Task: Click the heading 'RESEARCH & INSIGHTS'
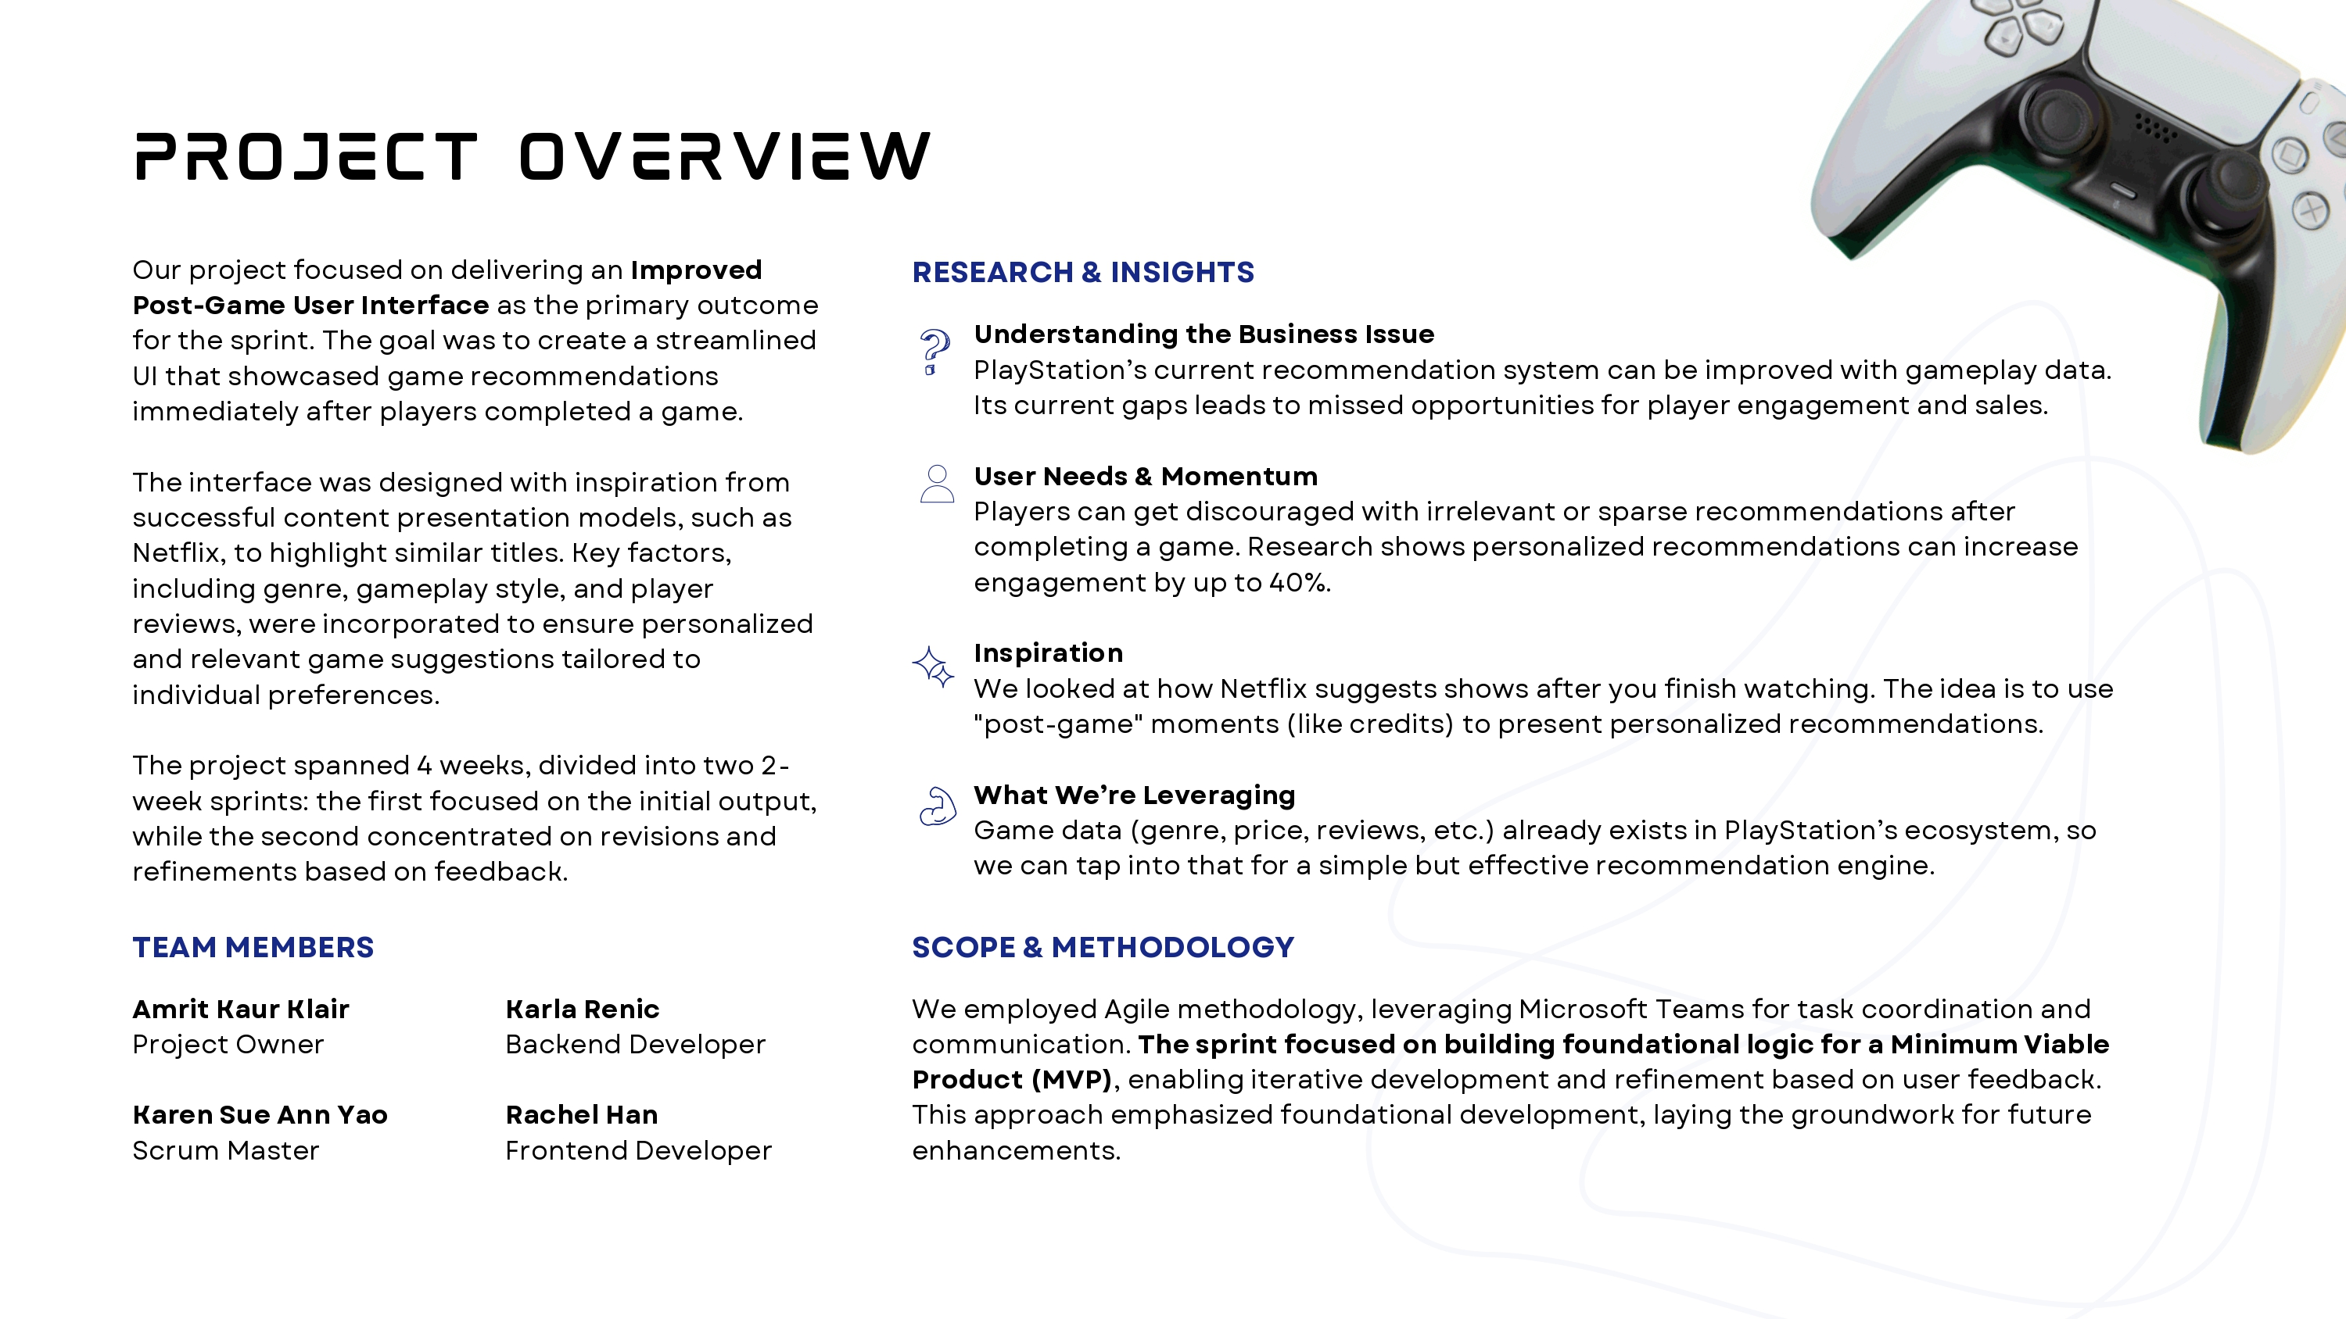1083,272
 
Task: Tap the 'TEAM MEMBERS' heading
253,948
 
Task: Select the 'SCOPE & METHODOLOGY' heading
1103,948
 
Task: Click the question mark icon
934,352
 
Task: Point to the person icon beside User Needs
936,484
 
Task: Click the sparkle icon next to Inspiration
934,667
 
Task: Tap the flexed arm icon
937,806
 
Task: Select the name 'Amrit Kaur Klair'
240,1010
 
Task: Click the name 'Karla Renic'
582,1010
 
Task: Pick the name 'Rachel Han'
581,1115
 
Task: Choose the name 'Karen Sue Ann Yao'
260,1115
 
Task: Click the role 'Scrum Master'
226,1150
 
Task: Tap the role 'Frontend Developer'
638,1150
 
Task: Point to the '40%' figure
1299,583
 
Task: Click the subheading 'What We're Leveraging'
1134,795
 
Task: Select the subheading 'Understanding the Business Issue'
1203,335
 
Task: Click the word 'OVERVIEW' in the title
725,156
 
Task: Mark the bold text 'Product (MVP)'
1012,1080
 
